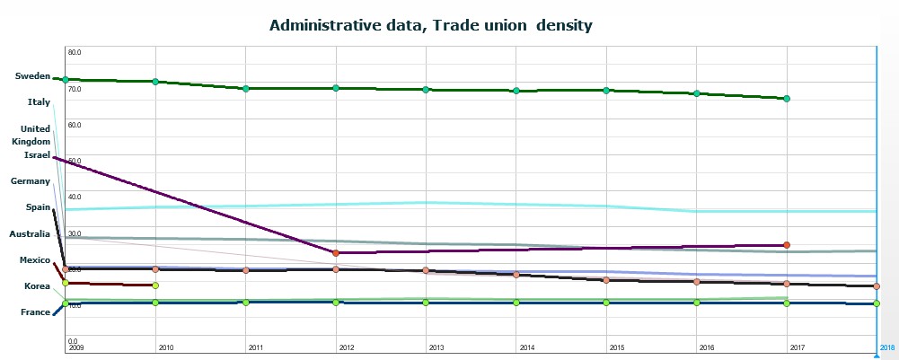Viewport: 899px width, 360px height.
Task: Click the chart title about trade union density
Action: [430, 25]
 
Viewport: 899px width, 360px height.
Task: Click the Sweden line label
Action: [32, 76]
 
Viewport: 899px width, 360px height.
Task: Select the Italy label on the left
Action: [39, 102]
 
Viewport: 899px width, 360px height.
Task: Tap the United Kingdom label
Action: [35, 135]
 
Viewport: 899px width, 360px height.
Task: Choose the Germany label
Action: [30, 181]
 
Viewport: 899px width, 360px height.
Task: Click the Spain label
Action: [37, 207]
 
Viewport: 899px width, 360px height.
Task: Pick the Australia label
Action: [29, 233]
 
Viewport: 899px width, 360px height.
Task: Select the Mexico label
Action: [34, 259]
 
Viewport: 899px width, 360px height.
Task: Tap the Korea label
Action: [37, 285]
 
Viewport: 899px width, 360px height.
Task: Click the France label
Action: [35, 312]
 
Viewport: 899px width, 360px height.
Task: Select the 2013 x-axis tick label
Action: [436, 347]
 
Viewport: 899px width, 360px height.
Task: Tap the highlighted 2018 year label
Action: [886, 347]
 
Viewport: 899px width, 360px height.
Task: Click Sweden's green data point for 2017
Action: [787, 98]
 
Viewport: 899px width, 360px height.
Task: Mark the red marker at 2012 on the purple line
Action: [336, 253]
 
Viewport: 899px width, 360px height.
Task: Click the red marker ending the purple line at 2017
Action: [787, 244]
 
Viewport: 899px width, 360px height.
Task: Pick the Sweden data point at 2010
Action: [155, 82]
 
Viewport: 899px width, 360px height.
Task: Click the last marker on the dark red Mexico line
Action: [155, 285]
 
